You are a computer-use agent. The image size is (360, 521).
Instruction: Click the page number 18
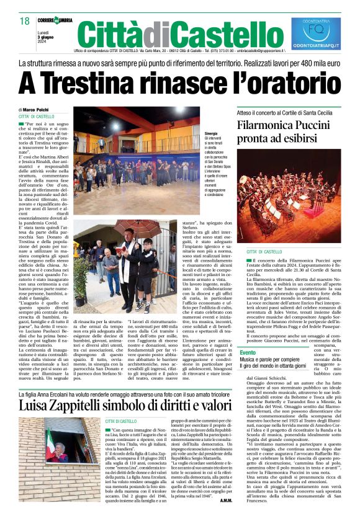pyautogui.click(x=25, y=20)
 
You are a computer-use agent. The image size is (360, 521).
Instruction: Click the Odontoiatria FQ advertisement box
pyautogui.click(x=316, y=33)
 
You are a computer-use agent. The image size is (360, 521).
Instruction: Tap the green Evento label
pyautogui.click(x=248, y=352)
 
